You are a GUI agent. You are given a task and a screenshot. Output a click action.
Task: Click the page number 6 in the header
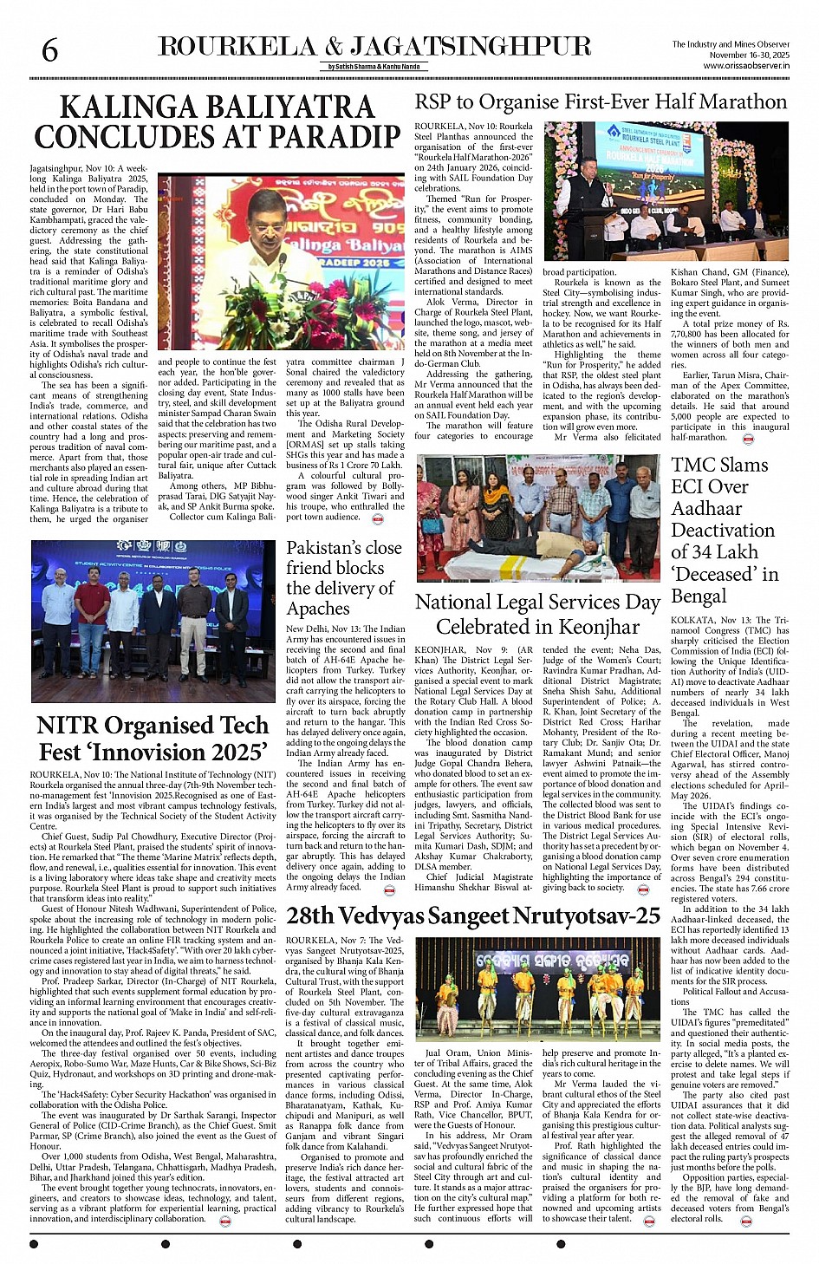tap(50, 49)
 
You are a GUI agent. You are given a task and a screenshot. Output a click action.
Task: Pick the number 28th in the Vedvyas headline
tap(309, 915)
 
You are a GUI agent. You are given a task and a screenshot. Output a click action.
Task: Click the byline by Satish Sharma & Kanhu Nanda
tap(374, 67)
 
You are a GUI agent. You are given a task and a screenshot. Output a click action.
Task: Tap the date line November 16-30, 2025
tap(750, 55)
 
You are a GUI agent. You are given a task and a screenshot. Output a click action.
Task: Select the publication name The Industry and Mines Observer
tap(731, 44)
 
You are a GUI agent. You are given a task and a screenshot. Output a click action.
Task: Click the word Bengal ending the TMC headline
tap(699, 596)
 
